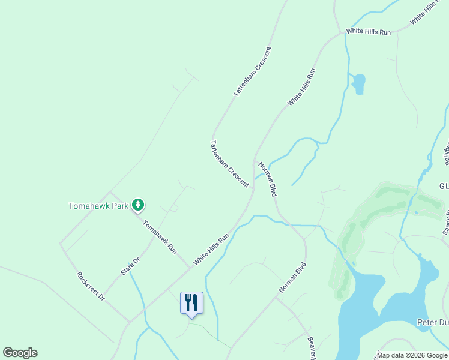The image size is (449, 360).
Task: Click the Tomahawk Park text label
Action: point(98,206)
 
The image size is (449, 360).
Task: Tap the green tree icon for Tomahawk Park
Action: point(139,205)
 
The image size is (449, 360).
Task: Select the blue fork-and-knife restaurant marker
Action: point(191,302)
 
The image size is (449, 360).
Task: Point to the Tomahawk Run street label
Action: point(160,236)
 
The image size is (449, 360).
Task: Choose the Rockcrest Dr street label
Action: point(91,287)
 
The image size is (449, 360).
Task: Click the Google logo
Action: point(20,353)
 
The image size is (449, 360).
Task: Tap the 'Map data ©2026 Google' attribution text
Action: point(412,355)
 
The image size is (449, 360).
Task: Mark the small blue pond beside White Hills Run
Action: point(358,84)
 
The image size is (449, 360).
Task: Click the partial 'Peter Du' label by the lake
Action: point(432,322)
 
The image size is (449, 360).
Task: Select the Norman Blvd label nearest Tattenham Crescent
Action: point(267,179)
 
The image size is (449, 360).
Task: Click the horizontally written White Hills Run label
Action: point(369,31)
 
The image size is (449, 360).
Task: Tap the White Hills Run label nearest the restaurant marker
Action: point(211,250)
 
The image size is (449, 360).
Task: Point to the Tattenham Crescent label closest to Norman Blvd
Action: point(229,164)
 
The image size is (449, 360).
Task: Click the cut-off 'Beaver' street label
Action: point(312,348)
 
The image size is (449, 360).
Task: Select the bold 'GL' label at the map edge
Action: point(443,186)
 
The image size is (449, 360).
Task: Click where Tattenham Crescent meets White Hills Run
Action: point(252,188)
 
